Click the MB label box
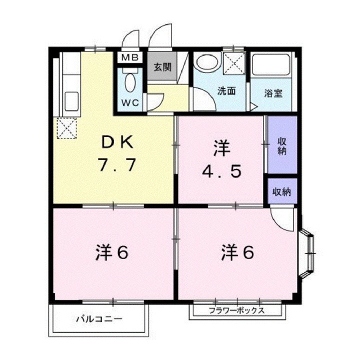pos(130,57)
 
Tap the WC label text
pos(130,103)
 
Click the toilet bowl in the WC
pos(130,82)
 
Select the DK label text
pos(117,143)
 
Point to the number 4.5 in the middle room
pos(222,171)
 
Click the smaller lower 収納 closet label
pos(282,191)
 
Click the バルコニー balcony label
pos(98,318)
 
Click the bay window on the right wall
pos(307,254)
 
